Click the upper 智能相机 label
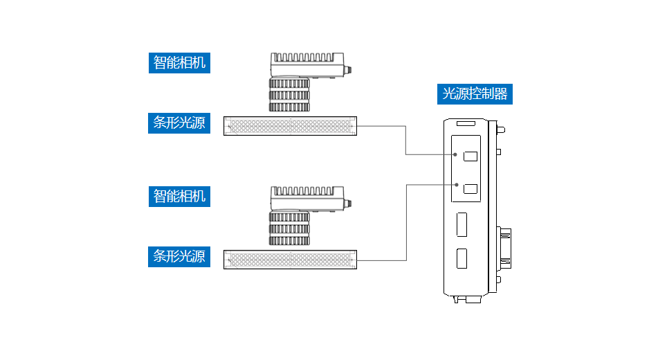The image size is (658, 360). coord(179,62)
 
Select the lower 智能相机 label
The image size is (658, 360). coord(179,196)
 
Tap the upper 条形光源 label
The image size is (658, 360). coord(179,123)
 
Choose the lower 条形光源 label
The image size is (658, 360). coord(179,256)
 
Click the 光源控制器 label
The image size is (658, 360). coord(475,93)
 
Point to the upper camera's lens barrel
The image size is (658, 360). coord(289,95)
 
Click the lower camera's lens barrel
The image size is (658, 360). coord(289,228)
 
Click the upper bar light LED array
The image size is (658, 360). coord(291,126)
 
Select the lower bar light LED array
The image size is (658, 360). coord(291,260)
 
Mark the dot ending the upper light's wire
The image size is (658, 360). coord(455,155)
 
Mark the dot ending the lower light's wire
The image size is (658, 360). coord(455,184)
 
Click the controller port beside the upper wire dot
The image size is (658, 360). coord(470,156)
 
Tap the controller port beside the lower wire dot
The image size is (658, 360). coord(470,188)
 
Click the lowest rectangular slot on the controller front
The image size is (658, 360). coord(461,258)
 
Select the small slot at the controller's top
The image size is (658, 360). coord(465,125)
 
